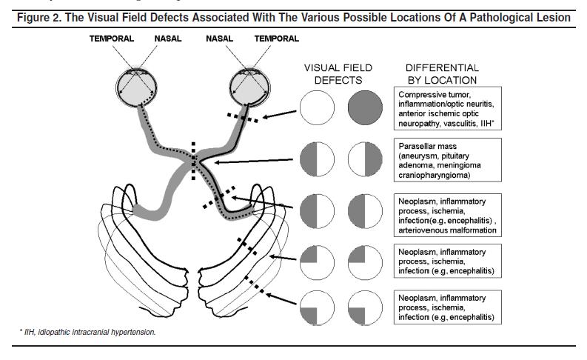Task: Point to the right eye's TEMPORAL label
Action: pyautogui.click(x=277, y=39)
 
